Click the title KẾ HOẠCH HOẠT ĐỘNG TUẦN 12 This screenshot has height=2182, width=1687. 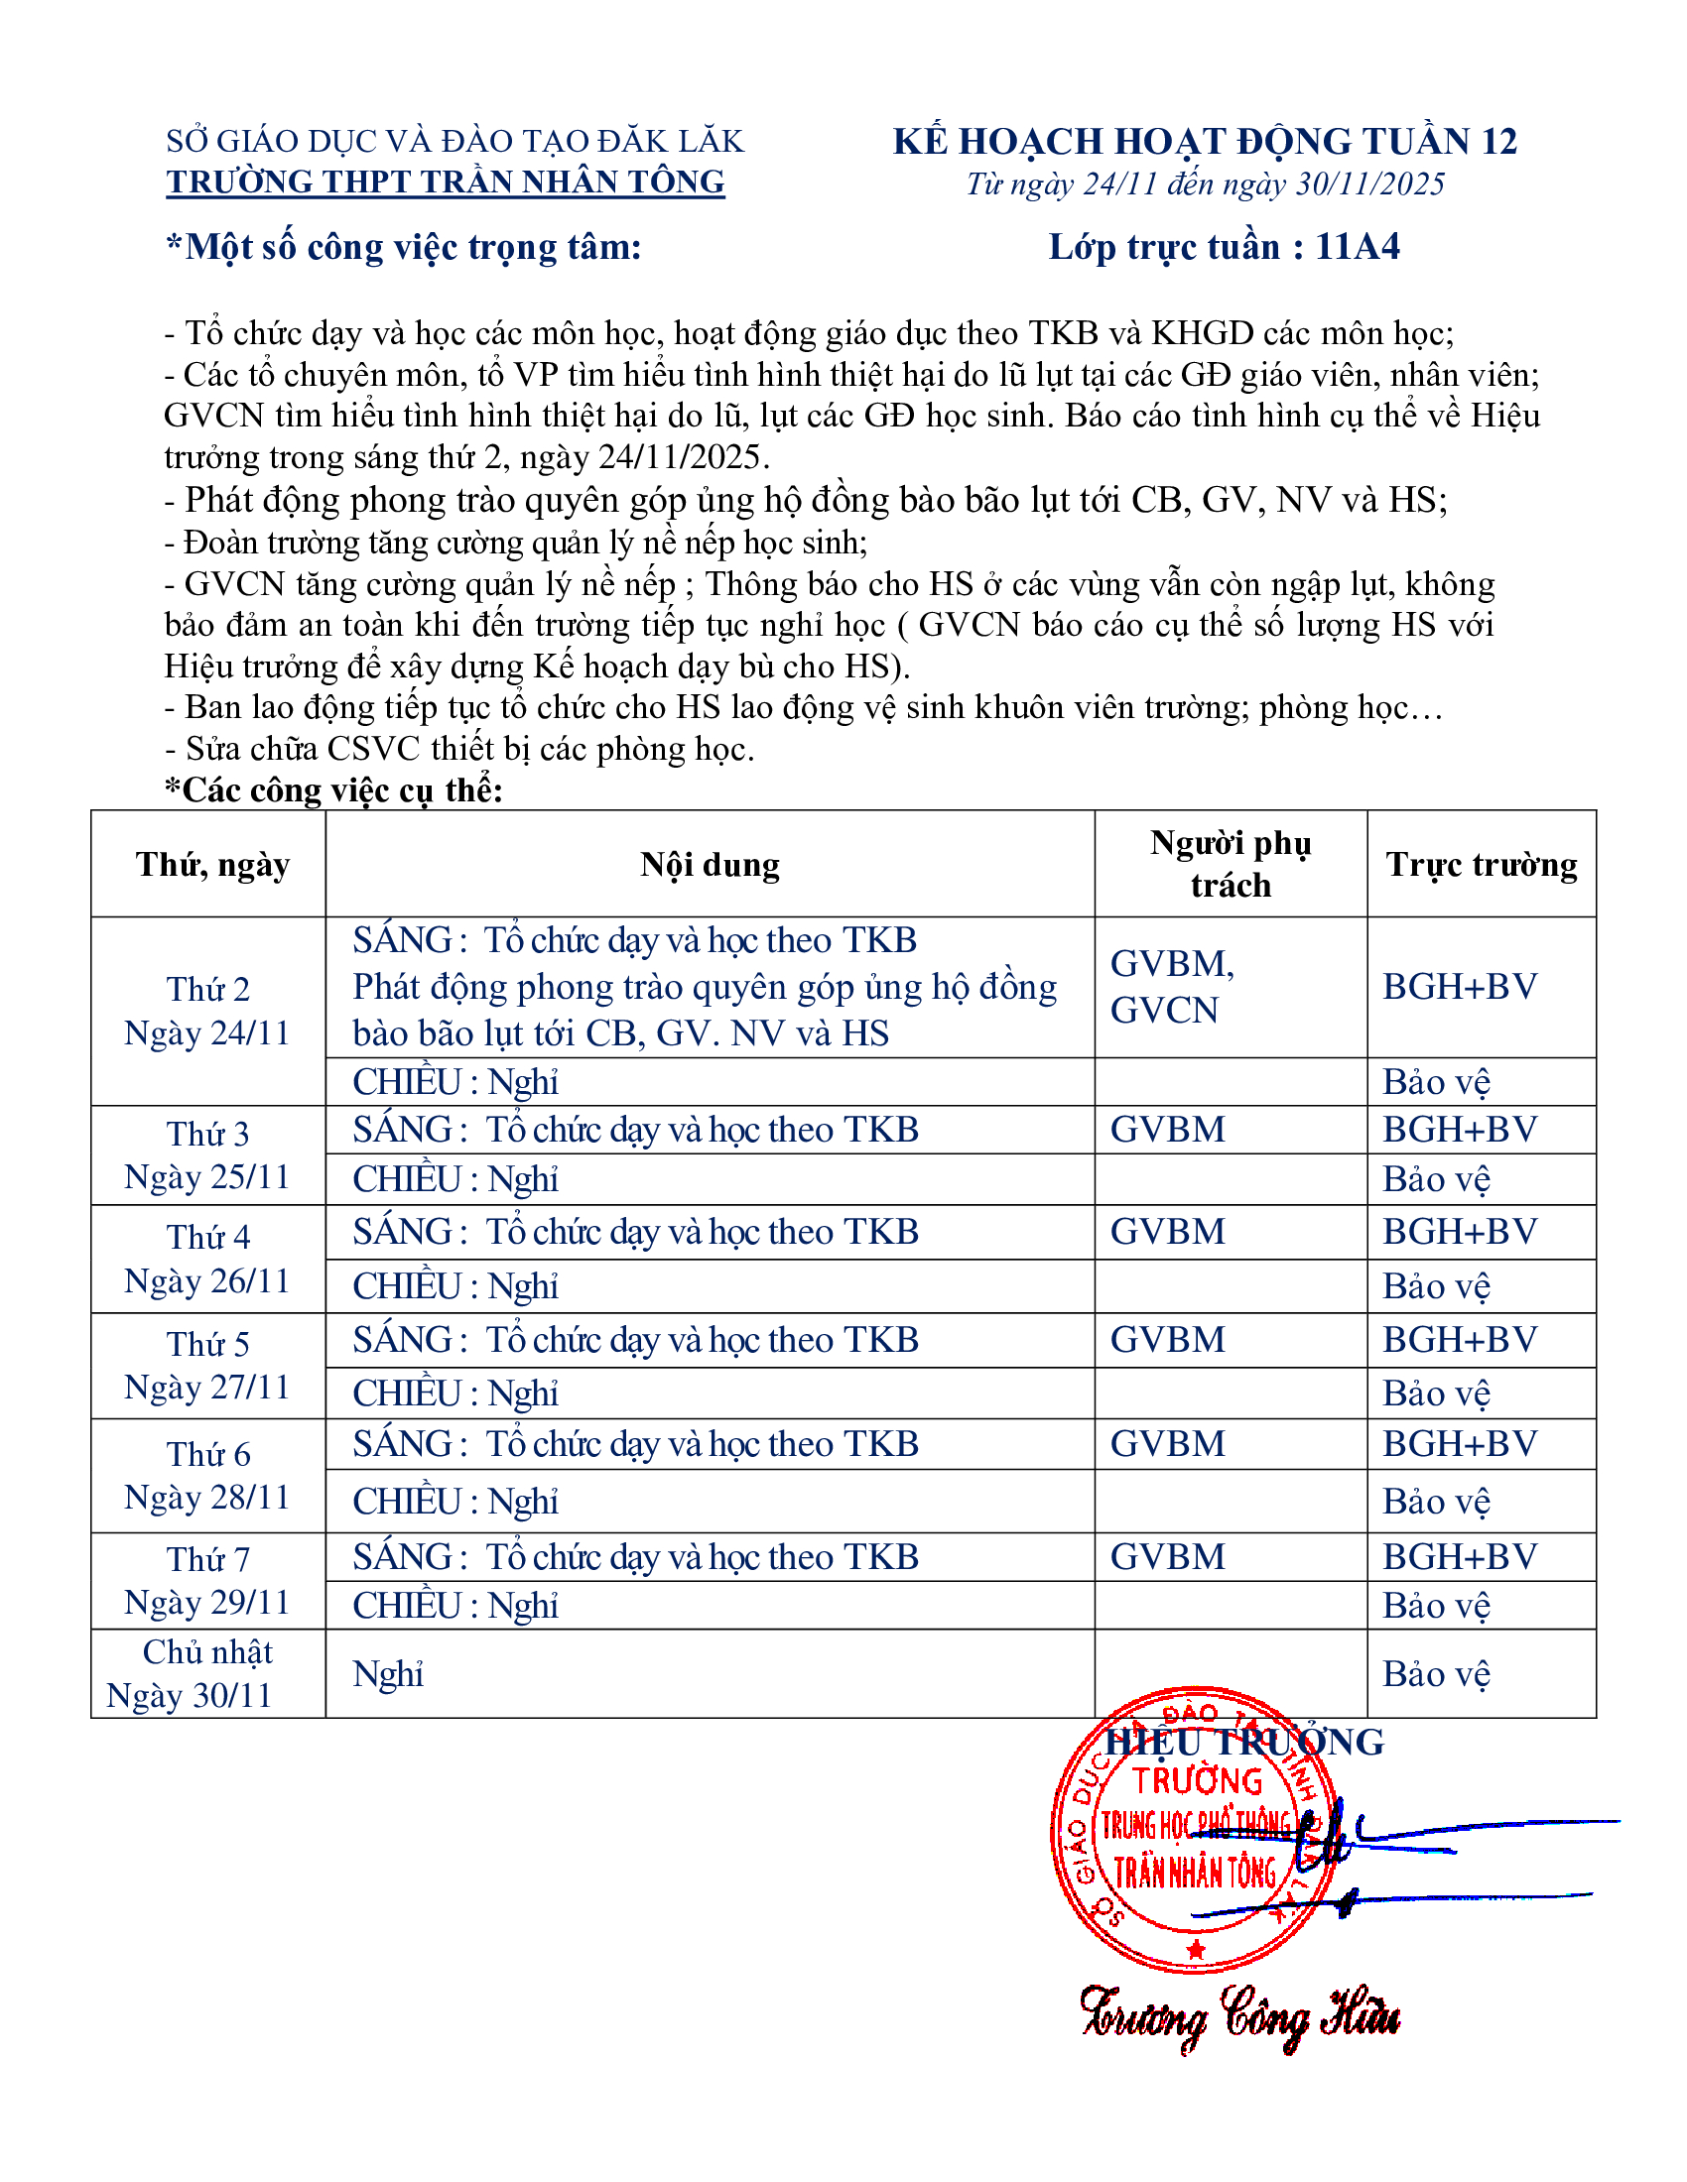point(1205,142)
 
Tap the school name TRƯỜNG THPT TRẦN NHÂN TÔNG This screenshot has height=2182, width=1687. point(446,182)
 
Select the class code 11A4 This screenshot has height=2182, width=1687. point(1358,247)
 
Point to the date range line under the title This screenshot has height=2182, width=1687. point(1205,184)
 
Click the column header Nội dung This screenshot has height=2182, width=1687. point(710,865)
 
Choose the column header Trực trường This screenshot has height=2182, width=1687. point(1482,865)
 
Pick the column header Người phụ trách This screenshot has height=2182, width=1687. point(1231,864)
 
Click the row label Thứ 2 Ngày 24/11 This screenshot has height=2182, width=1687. point(206,1011)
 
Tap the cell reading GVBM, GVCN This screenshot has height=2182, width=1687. point(1172,987)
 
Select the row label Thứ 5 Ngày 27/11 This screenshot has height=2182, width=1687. point(206,1366)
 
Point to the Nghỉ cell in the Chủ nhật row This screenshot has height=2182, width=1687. point(388,1674)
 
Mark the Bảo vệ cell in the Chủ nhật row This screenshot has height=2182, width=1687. point(1436,1674)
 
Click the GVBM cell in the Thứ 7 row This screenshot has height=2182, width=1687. point(1167,1557)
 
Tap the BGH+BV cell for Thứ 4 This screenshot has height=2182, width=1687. point(1459,1232)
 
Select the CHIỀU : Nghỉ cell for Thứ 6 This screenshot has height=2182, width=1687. point(454,1502)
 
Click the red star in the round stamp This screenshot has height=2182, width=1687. point(1197,1949)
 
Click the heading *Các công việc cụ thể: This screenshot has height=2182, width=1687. point(333,790)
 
